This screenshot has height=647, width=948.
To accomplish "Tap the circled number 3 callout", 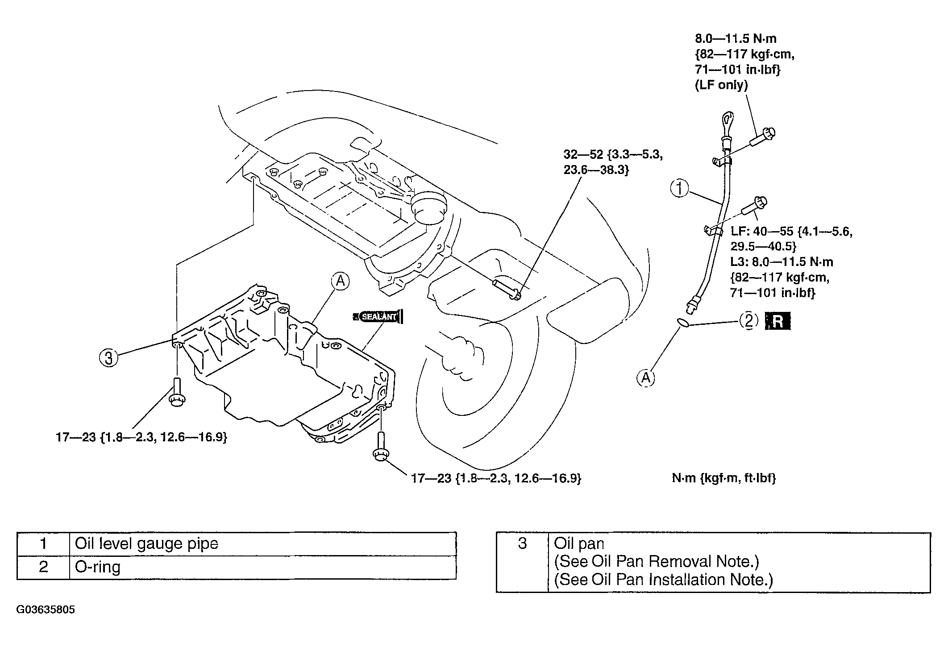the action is [108, 357].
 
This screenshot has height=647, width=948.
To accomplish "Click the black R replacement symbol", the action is [778, 321].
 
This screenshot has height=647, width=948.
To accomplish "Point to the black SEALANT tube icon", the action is [378, 316].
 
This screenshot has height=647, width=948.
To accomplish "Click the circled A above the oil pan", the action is [340, 281].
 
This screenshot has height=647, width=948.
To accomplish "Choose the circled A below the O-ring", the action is [646, 378].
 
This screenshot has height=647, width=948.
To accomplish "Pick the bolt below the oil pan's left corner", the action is [177, 391].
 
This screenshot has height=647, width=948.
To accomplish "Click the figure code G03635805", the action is [46, 610].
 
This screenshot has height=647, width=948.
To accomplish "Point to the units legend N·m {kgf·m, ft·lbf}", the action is [724, 478].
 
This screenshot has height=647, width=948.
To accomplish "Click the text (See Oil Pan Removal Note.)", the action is [656, 561].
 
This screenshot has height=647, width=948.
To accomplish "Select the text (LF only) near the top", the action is [721, 85].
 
